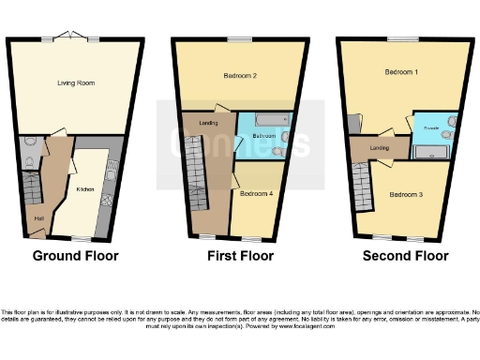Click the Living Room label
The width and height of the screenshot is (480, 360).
point(73,82)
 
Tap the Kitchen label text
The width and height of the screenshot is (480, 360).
point(85,188)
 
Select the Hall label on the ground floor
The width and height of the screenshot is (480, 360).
point(39,218)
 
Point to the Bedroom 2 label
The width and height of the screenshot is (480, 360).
point(241,74)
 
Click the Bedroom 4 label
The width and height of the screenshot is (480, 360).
point(256,194)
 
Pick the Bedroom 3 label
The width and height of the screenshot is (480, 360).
point(407,194)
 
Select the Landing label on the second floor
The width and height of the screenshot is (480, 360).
point(380,147)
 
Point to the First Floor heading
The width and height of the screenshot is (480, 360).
point(241,255)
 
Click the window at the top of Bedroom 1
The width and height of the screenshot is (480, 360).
point(403,37)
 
